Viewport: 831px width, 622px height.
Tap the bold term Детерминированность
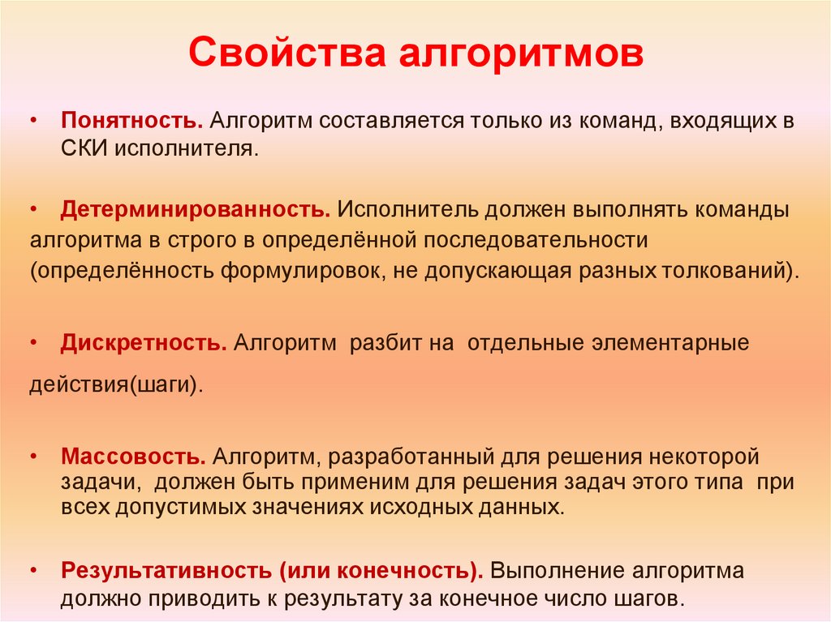click(x=196, y=210)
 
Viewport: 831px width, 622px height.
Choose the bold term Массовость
click(x=132, y=457)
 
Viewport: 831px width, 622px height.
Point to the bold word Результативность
click(x=167, y=570)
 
